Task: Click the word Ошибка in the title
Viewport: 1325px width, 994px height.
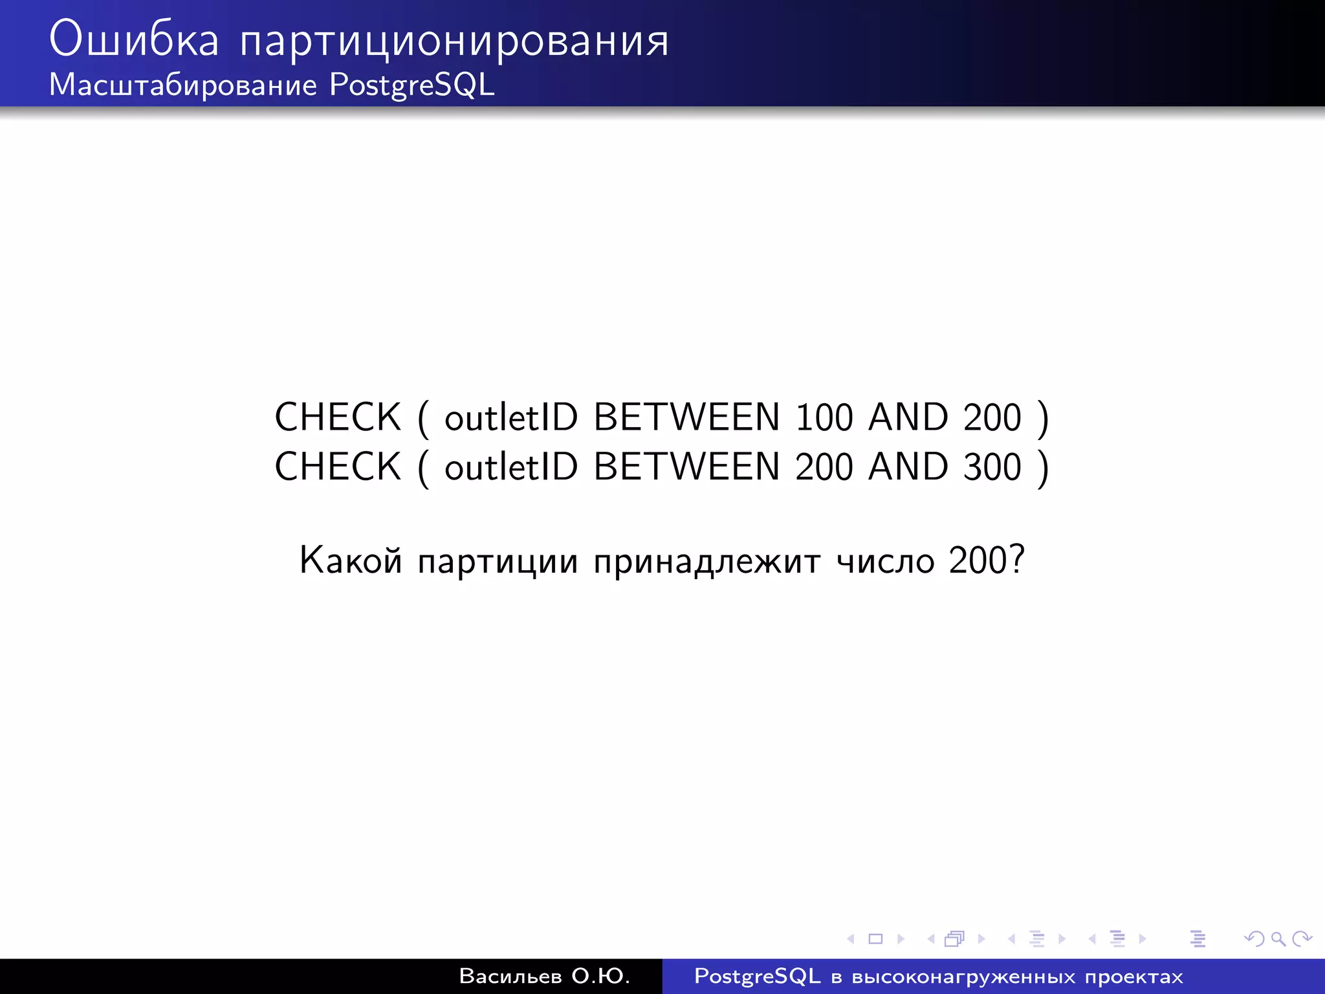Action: pyautogui.click(x=134, y=39)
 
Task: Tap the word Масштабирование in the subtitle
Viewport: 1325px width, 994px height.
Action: pyautogui.click(x=183, y=85)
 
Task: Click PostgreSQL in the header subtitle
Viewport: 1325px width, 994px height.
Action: pyautogui.click(x=412, y=85)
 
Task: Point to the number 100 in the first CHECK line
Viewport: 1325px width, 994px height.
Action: pyautogui.click(x=824, y=417)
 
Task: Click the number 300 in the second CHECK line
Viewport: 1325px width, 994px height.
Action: pyautogui.click(x=992, y=467)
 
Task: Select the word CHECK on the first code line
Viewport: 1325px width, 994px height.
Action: pyautogui.click(x=338, y=417)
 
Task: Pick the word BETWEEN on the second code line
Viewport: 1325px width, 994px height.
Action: pyautogui.click(x=686, y=467)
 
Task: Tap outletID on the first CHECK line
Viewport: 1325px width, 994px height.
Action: pyautogui.click(x=511, y=417)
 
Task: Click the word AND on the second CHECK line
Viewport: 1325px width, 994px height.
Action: pyautogui.click(x=908, y=467)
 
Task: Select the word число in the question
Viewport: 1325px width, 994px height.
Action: pyautogui.click(x=885, y=561)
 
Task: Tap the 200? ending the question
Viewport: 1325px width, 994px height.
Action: pyautogui.click(x=987, y=560)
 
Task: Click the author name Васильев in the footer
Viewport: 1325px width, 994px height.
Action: pyautogui.click(x=510, y=976)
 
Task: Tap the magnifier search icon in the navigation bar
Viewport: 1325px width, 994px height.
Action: pyautogui.click(x=1278, y=938)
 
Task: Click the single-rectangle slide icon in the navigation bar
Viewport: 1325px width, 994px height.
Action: pyautogui.click(x=875, y=938)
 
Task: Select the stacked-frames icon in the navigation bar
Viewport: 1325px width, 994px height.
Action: pyautogui.click(x=954, y=938)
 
